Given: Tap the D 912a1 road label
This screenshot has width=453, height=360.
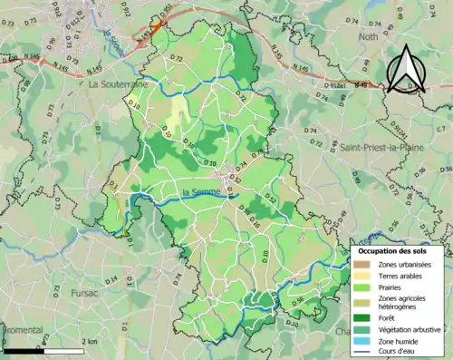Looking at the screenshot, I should [334, 84].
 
